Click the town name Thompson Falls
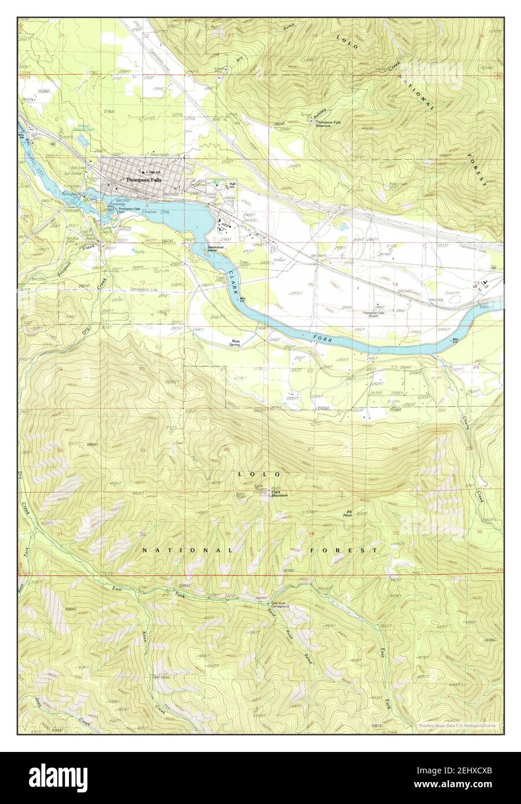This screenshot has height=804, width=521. point(142,180)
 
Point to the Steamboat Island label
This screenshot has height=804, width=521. point(217,249)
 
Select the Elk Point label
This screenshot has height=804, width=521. point(349,512)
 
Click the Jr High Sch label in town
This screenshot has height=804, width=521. point(152,172)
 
